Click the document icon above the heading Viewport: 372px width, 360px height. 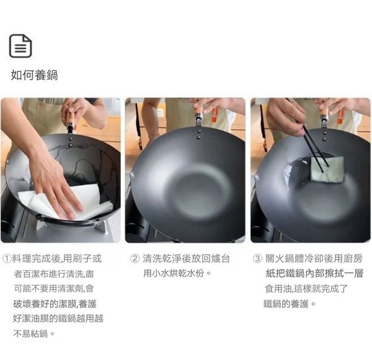pyautogui.click(x=20, y=46)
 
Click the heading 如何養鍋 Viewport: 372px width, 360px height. pyautogui.click(x=34, y=75)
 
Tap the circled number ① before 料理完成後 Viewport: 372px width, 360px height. pyautogui.click(x=7, y=258)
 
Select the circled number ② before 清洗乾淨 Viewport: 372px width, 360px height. pyautogui.click(x=135, y=258)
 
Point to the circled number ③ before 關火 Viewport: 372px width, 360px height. pyautogui.click(x=257, y=258)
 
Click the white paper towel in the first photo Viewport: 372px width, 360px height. pyautogui.click(x=69, y=201)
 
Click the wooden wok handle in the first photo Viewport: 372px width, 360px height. pyautogui.click(x=70, y=118)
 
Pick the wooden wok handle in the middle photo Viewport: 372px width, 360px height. pyautogui.click(x=199, y=112)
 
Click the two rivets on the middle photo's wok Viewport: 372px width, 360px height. pyautogui.click(x=199, y=134)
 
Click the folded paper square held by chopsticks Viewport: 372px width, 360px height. pyautogui.click(x=327, y=170)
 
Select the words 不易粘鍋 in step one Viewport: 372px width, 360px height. pyautogui.click(x=30, y=334)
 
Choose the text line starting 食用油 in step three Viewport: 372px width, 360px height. pyautogui.click(x=306, y=289)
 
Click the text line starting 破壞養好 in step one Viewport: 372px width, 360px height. pyautogui.click(x=55, y=304)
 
